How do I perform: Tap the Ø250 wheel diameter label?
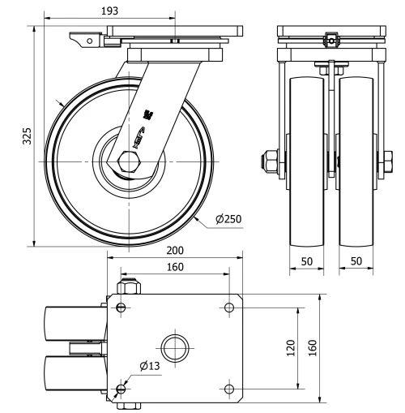coord(229,218)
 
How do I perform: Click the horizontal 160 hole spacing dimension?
coord(173,267)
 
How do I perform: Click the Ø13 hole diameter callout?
coord(149,367)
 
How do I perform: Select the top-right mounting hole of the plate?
coord(229,308)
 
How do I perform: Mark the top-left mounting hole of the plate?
coord(121,308)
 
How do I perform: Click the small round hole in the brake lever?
coord(79,37)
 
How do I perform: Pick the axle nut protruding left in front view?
coord(268,161)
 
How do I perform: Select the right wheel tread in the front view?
coord(357,162)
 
